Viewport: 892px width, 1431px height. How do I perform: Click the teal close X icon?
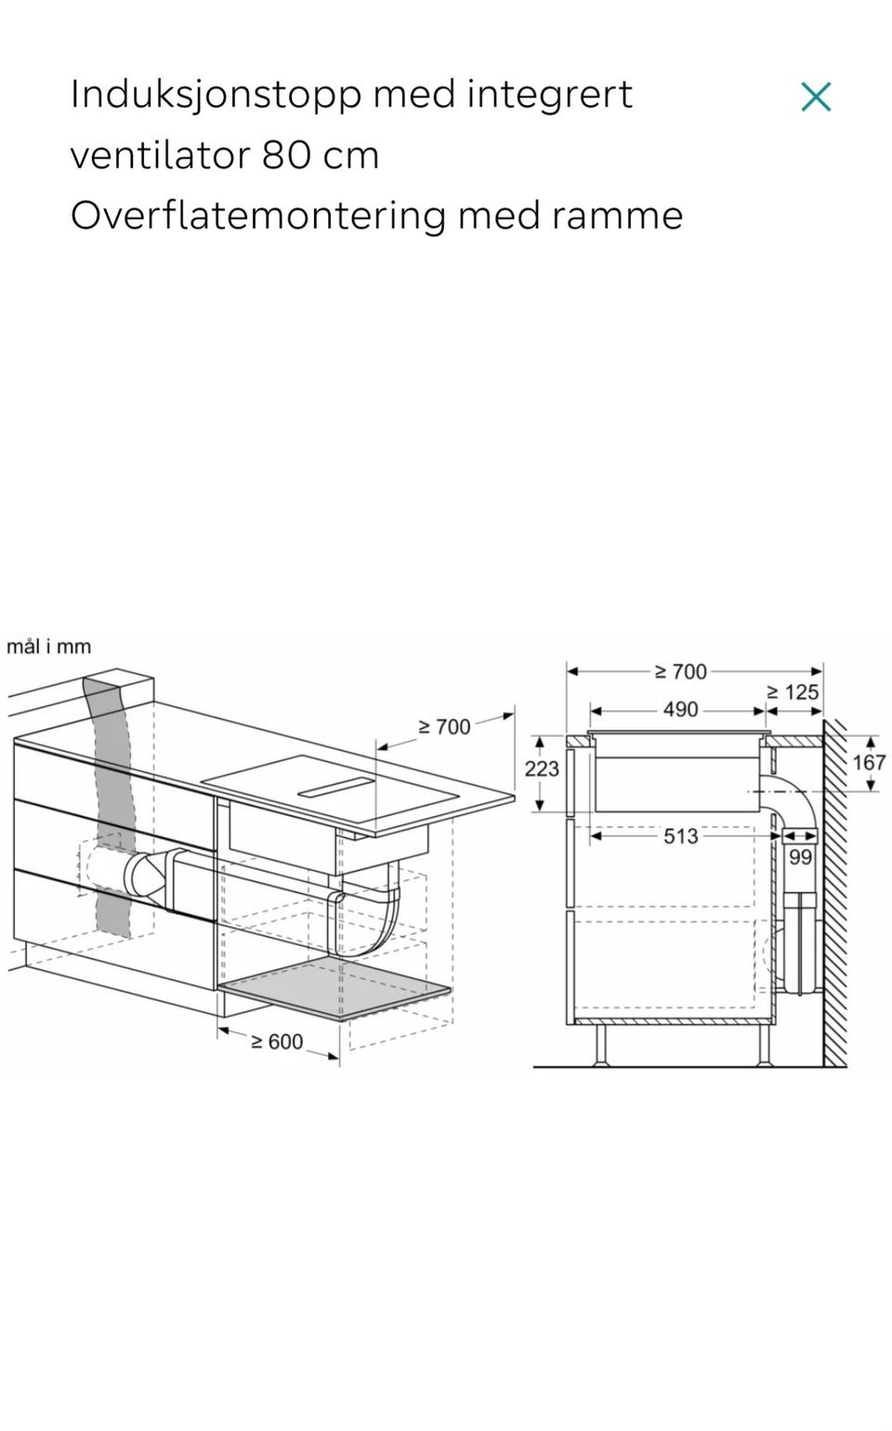816,97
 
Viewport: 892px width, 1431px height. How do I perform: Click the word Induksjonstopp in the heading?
216,96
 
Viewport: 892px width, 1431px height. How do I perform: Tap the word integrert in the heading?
549,96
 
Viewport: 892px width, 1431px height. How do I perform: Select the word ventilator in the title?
161,154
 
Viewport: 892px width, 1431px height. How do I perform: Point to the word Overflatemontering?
257,217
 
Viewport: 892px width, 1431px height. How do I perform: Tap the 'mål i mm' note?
48,647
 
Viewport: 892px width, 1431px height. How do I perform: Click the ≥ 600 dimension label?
277,1042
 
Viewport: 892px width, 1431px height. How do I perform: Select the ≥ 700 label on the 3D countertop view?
444,727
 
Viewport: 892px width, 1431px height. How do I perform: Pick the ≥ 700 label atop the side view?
680,672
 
